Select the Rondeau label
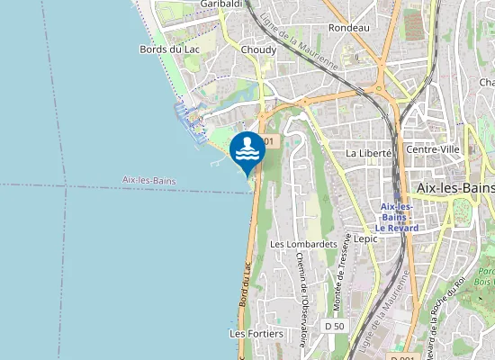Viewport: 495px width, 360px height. point(349,28)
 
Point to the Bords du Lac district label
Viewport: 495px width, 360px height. point(168,49)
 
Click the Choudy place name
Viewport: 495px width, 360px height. point(259,49)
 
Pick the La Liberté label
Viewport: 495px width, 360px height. point(369,153)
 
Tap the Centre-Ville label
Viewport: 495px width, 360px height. point(435,148)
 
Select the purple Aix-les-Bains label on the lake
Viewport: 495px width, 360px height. point(148,181)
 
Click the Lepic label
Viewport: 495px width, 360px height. point(366,239)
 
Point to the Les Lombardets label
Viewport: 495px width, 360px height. point(303,244)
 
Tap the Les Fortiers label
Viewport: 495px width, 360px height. point(256,333)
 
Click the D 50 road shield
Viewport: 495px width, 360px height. point(335,325)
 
